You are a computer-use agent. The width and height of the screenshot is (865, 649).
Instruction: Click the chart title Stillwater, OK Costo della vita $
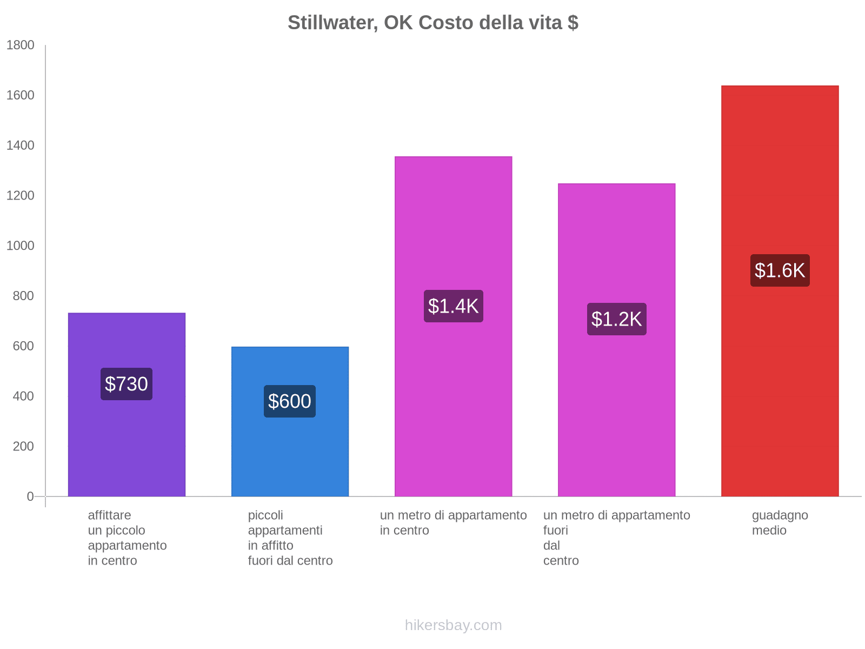(432, 23)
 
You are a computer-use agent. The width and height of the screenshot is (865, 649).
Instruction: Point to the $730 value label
(127, 384)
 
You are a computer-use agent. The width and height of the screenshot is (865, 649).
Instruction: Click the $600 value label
(290, 401)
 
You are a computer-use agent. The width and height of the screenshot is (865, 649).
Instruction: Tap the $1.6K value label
(780, 270)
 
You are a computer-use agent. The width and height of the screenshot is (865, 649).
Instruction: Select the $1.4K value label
(453, 306)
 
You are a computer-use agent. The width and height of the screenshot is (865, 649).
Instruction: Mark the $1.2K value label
(616, 319)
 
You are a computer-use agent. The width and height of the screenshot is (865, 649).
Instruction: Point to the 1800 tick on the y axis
(20, 45)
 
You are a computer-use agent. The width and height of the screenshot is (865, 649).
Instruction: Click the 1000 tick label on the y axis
(20, 246)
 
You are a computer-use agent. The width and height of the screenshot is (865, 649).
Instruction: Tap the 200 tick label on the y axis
(23, 446)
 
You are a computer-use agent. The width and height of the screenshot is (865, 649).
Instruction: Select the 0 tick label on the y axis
(30, 496)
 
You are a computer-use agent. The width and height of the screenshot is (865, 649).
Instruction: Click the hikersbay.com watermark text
(453, 625)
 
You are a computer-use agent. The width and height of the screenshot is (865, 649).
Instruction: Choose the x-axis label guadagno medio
(780, 523)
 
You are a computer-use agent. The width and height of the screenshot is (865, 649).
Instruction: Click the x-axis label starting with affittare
(127, 538)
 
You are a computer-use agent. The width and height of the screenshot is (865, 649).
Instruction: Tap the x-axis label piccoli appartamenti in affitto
(290, 538)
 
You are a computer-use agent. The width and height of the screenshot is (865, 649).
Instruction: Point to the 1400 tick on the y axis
(20, 145)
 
